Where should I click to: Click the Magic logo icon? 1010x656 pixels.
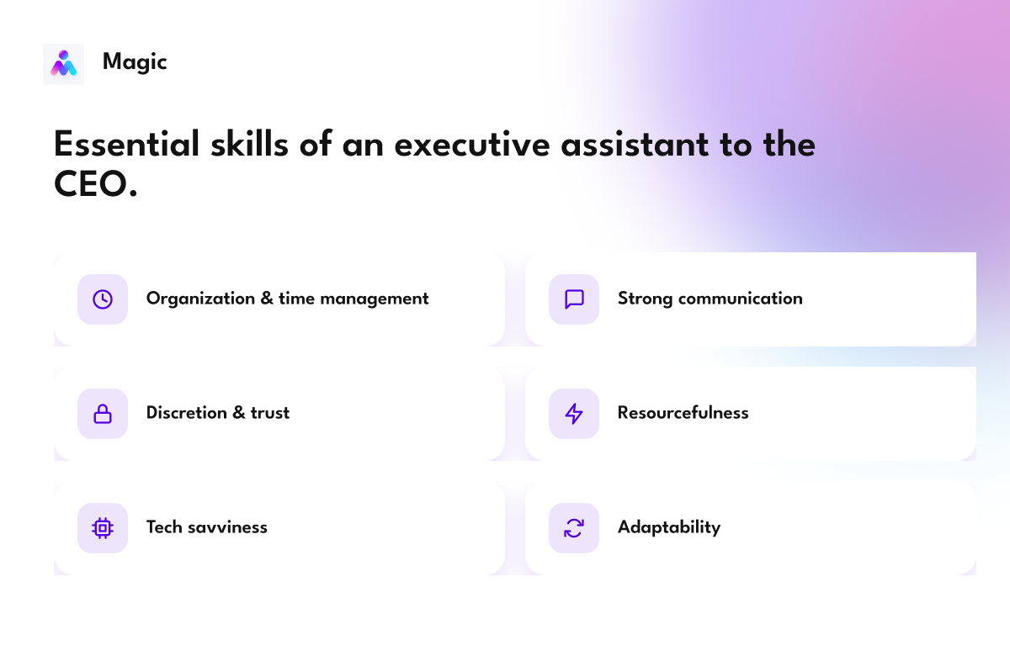(64, 64)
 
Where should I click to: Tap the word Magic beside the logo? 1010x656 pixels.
(135, 62)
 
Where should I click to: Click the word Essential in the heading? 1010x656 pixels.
(127, 145)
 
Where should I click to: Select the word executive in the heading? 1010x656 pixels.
(472, 145)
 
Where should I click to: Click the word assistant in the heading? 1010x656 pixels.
(635, 145)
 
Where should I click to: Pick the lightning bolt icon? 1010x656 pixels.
(574, 414)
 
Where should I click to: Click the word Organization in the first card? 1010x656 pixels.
(200, 299)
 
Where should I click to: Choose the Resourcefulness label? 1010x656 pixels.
(683, 413)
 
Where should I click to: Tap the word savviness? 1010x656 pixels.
(227, 527)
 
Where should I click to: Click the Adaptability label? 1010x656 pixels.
(669, 527)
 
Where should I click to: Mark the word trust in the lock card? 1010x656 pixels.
(270, 413)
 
